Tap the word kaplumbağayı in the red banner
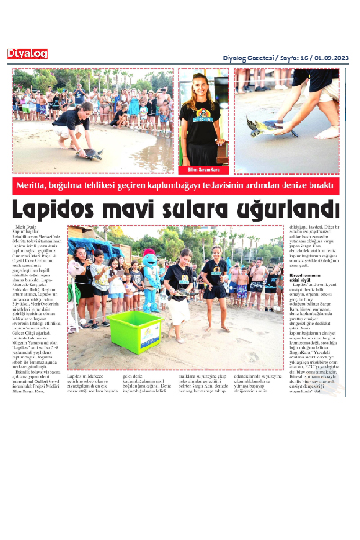pyautogui.click(x=184, y=185)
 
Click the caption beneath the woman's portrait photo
pyautogui.click(x=204, y=168)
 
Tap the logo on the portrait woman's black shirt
pyautogui.click(x=205, y=119)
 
